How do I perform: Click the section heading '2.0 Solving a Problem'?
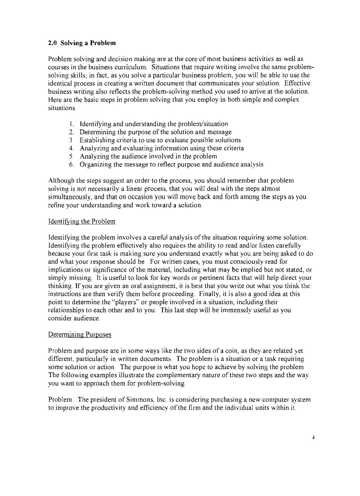click(82, 43)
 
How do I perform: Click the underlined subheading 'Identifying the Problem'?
click(82, 221)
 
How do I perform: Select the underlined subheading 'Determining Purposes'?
click(80, 335)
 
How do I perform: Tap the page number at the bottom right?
click(313, 438)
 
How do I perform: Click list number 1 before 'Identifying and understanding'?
click(71, 124)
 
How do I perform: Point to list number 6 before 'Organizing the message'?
click(71, 164)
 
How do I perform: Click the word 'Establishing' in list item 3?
click(95, 140)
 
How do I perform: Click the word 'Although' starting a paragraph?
click(59, 181)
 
